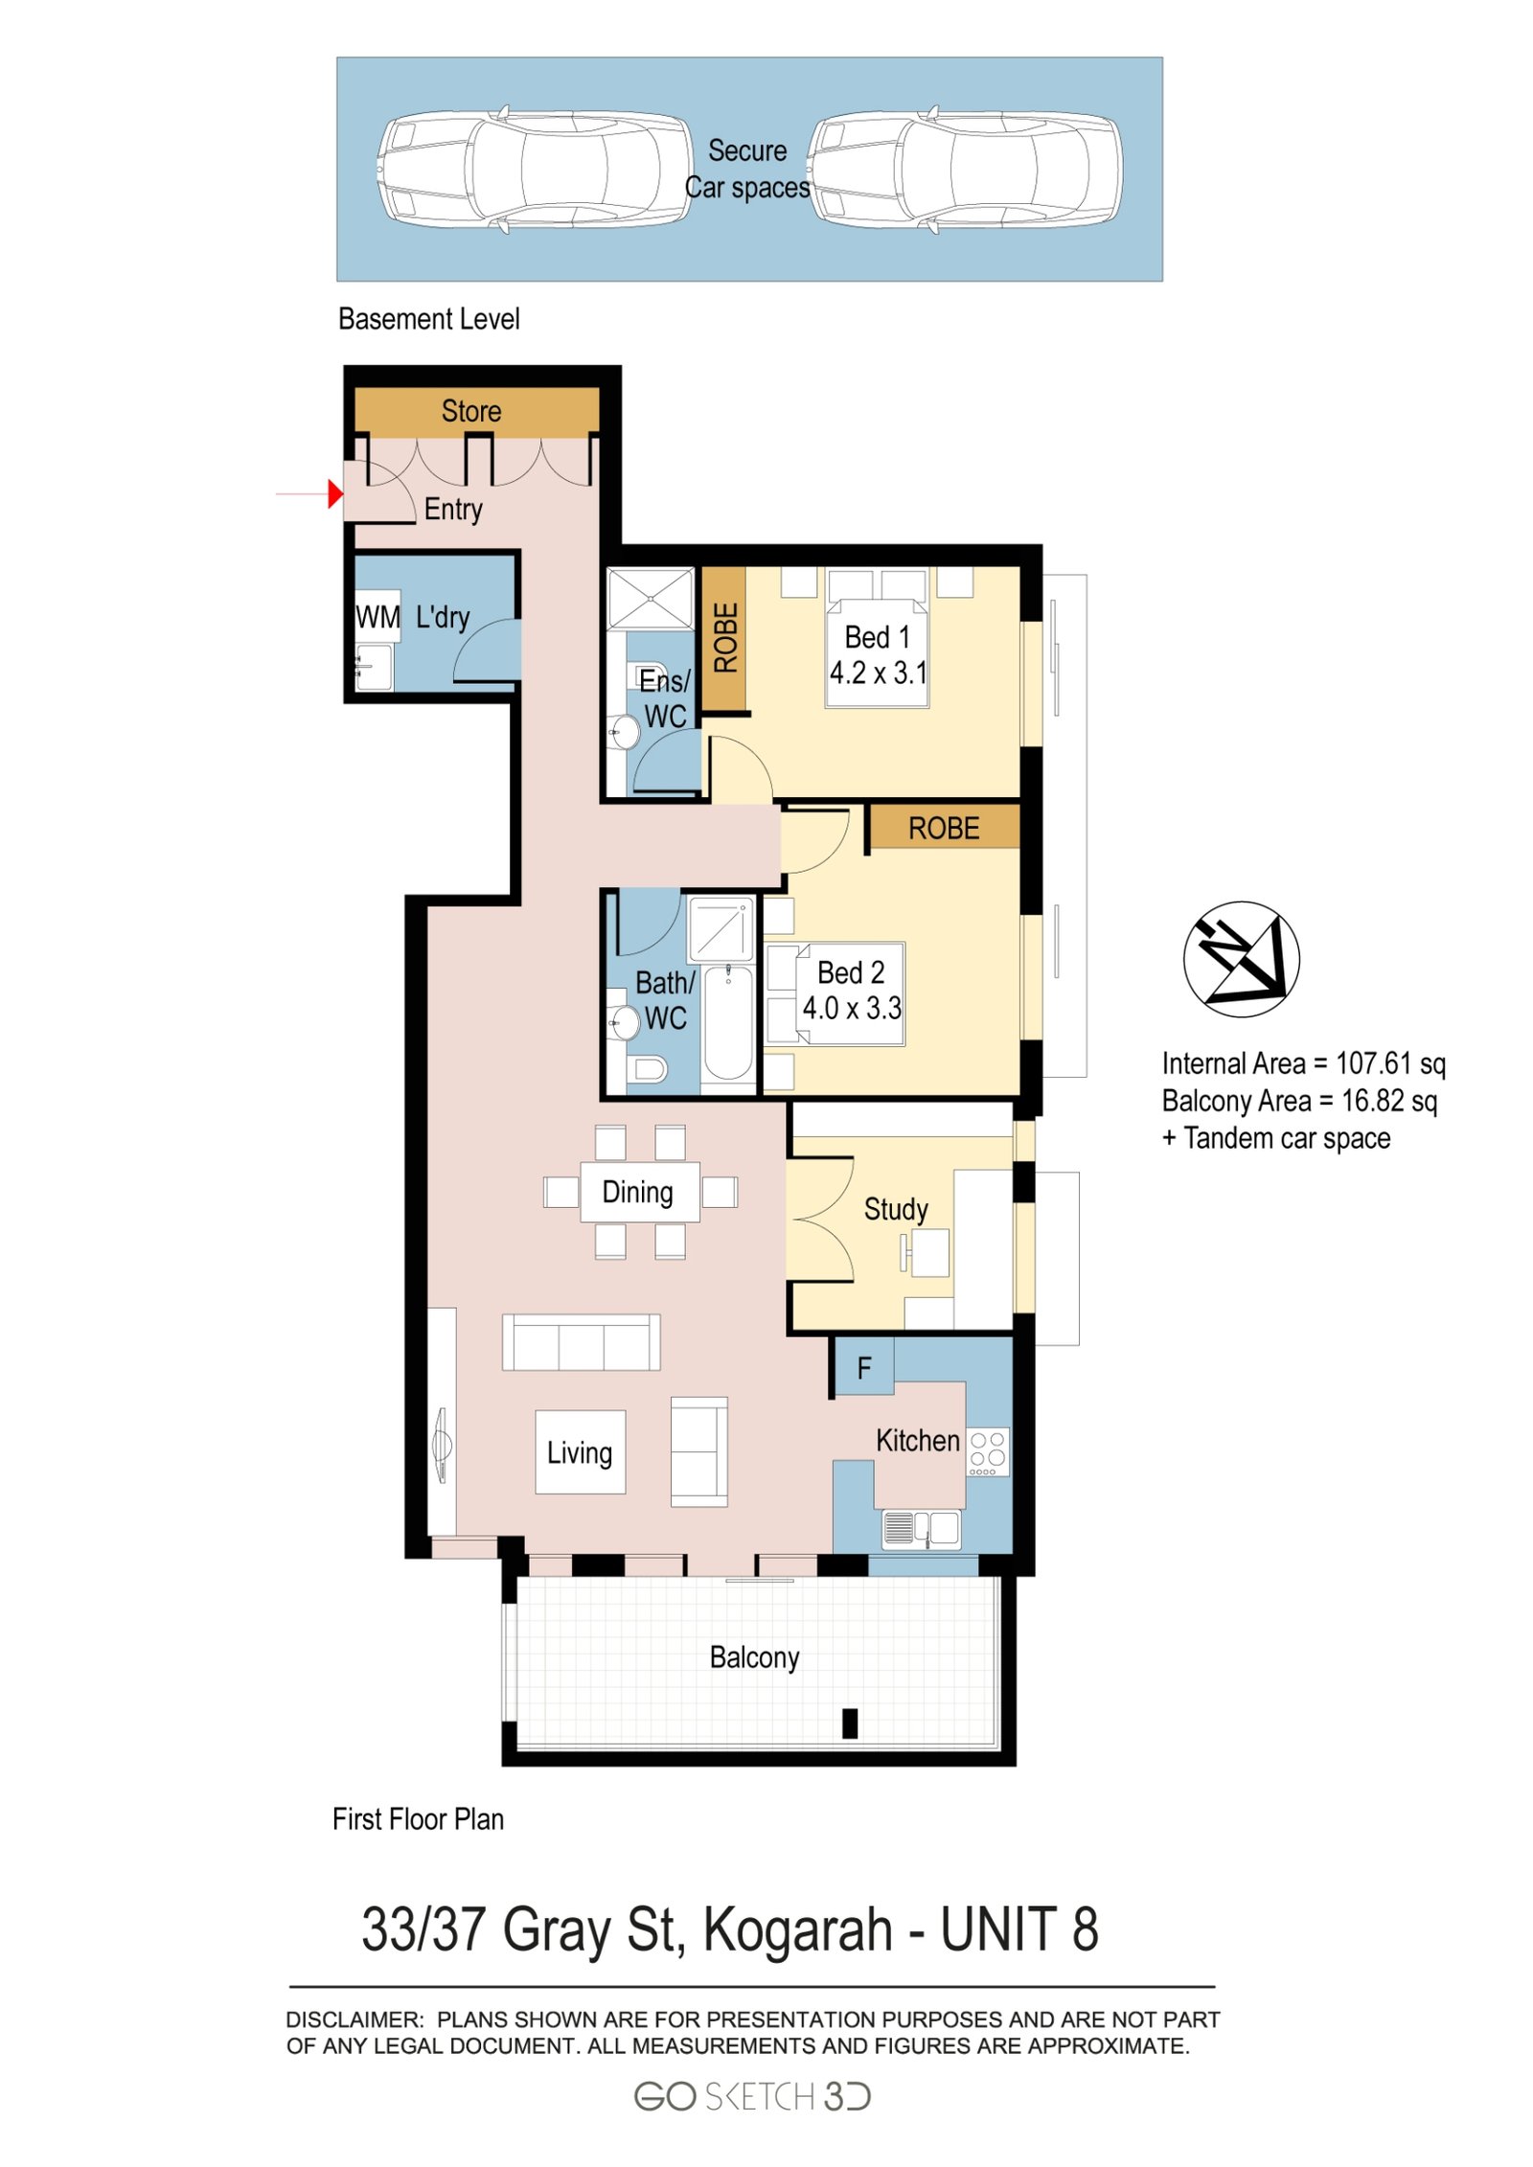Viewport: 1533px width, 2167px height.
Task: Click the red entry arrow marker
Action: (334, 493)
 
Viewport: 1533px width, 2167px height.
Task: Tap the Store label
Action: (470, 411)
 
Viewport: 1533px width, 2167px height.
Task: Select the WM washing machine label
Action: (378, 617)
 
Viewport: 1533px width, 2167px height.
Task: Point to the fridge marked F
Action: (862, 1368)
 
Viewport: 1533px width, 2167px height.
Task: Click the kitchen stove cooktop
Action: (987, 1452)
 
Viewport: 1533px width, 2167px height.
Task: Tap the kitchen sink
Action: (921, 1528)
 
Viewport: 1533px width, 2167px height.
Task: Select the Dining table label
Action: (637, 1192)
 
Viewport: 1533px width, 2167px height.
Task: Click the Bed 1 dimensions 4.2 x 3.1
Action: (878, 673)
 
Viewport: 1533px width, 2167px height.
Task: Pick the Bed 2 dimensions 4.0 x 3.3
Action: (851, 1008)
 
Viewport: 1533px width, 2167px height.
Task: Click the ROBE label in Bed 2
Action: (943, 828)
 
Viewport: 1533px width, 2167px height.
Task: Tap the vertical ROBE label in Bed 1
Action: (725, 637)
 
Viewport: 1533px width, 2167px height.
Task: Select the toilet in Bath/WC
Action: (649, 1068)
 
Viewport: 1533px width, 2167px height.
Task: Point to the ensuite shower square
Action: (650, 599)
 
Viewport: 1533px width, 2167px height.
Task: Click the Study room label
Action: (895, 1209)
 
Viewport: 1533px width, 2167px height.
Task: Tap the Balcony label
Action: (754, 1656)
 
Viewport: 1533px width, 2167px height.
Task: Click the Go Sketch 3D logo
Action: (751, 2097)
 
